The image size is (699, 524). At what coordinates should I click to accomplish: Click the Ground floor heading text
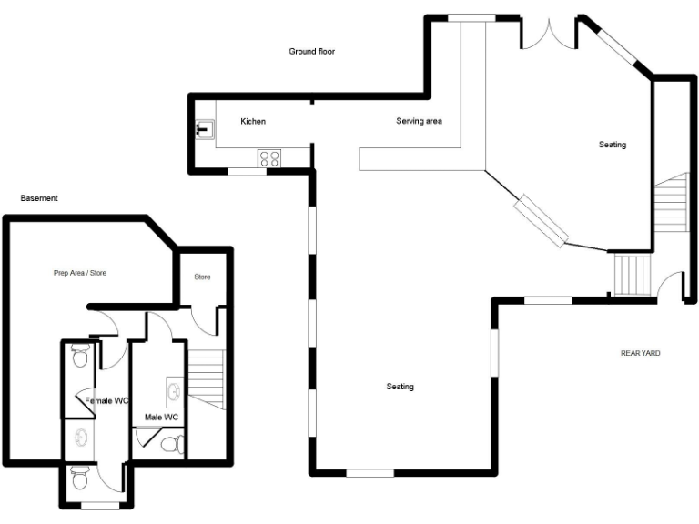(312, 52)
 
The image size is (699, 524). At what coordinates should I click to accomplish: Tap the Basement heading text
(39, 198)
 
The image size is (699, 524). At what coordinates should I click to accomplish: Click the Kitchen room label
(253, 122)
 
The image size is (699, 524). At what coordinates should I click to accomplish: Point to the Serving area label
(419, 121)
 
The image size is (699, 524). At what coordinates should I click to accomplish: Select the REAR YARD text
(641, 353)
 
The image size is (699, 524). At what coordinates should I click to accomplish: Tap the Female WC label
(107, 400)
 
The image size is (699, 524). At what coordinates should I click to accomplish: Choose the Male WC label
(161, 418)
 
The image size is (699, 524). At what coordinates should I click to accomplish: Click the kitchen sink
(204, 128)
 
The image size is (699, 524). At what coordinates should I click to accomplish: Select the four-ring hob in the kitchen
(269, 158)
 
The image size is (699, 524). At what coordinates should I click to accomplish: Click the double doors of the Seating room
(550, 35)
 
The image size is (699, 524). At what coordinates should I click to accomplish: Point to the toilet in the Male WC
(170, 444)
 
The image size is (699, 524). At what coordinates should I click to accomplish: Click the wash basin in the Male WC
(174, 392)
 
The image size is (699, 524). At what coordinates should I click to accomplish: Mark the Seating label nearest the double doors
(613, 145)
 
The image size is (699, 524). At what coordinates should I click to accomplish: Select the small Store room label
(202, 277)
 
